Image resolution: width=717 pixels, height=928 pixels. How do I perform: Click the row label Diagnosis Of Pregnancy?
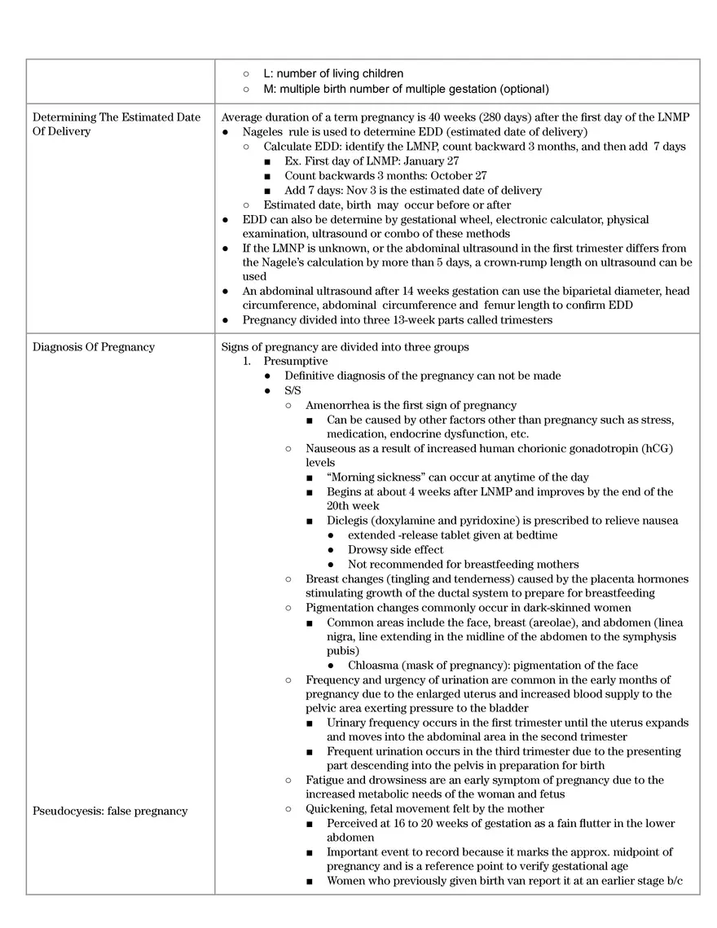pos(93,347)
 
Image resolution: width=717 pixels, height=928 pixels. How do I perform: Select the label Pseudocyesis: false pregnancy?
pos(110,811)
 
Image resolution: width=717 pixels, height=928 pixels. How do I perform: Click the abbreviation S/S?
pos(293,390)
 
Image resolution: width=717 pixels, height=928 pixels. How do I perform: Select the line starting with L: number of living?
pos(333,74)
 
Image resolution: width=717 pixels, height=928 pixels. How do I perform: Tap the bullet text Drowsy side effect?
pos(395,550)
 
